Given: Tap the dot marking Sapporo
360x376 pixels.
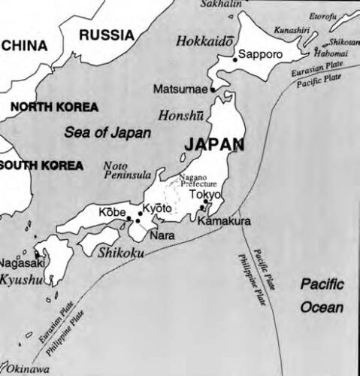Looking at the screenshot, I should (x=235, y=59).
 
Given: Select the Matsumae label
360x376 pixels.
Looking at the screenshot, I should (x=180, y=89).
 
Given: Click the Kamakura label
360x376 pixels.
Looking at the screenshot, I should (x=224, y=221).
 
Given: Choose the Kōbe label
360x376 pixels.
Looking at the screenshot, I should (x=112, y=212).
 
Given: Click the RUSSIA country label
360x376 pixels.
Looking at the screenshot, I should (x=106, y=34).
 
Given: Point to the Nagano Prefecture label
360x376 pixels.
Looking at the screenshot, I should (x=197, y=180).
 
